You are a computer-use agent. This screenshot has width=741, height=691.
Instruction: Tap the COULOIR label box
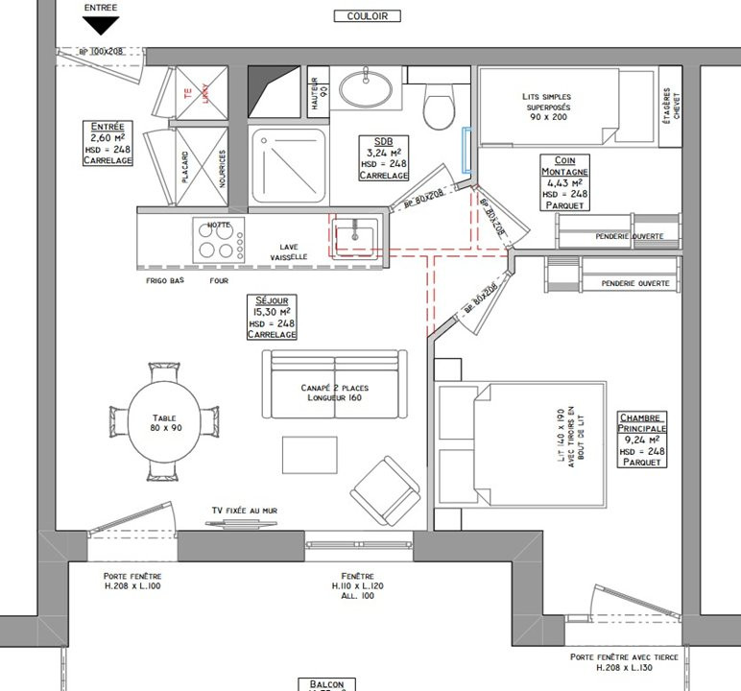coord(367,15)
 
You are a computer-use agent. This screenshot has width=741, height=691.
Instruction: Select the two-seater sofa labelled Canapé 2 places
coord(333,386)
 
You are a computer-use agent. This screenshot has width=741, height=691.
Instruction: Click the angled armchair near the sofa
coord(385,487)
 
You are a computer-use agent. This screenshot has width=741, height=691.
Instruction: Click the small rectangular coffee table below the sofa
coord(309,455)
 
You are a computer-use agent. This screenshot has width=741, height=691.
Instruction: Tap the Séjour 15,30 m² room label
coord(272,318)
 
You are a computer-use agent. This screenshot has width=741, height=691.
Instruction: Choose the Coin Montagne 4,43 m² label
coord(564,183)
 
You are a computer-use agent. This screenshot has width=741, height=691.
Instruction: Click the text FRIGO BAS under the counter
coord(164,281)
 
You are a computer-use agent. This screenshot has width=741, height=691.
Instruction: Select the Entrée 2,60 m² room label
coord(107,144)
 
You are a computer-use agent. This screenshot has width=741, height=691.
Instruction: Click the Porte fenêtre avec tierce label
coord(623,662)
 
